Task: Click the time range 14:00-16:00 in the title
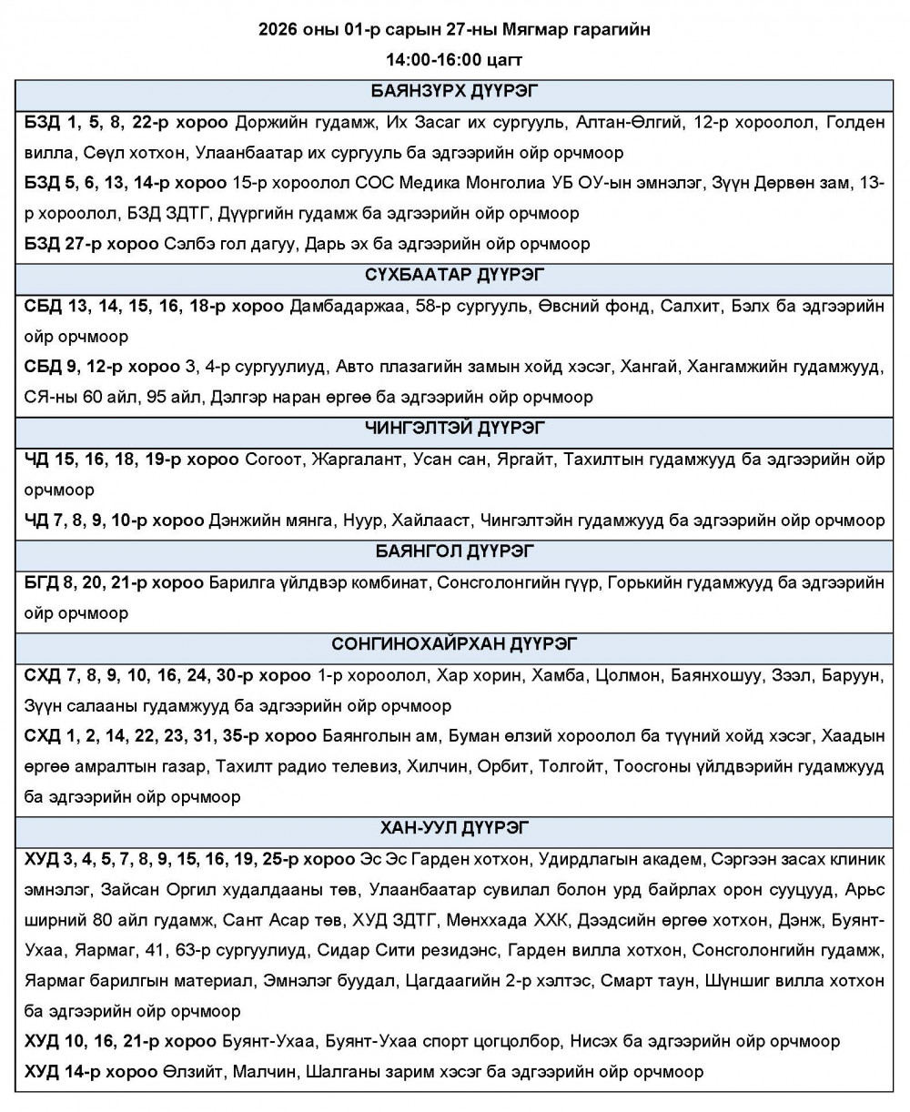click(428, 59)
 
